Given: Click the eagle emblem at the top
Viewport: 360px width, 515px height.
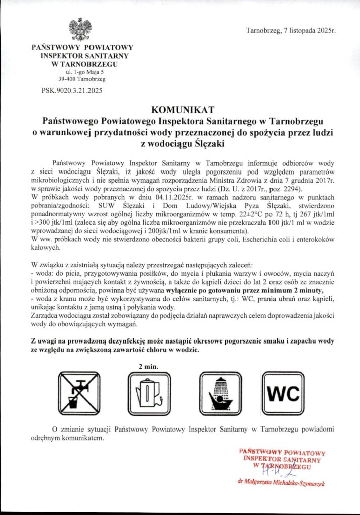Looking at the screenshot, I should point(80,29).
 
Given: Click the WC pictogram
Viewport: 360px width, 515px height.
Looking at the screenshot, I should point(283,393).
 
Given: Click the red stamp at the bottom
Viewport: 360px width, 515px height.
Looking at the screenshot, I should point(283,459).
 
